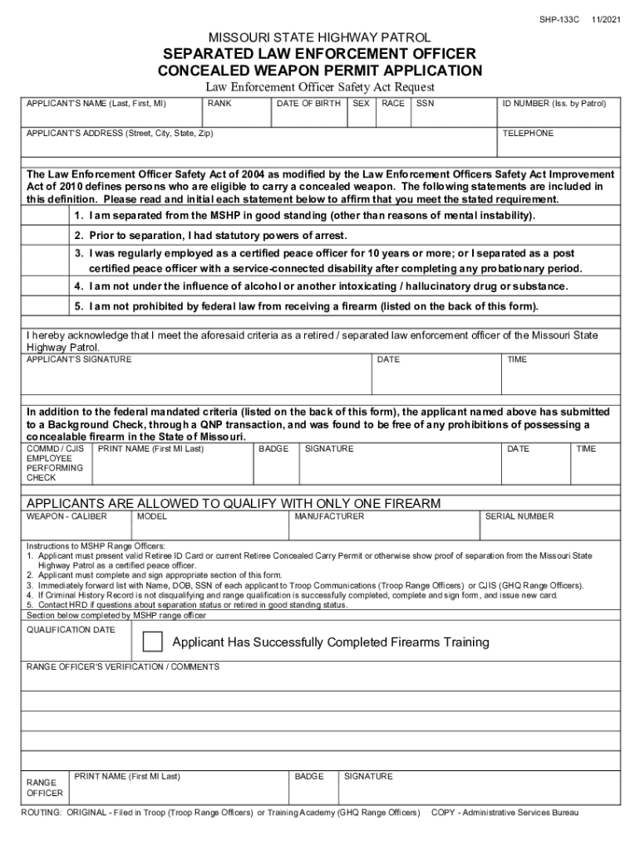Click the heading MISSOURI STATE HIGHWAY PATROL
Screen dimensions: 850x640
point(320,37)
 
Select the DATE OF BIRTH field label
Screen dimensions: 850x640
point(308,104)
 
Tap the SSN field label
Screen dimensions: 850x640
point(425,104)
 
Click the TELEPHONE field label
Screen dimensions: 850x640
point(528,133)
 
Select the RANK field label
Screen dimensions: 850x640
point(219,104)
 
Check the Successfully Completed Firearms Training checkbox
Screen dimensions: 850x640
point(153,642)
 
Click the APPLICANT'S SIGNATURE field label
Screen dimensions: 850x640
point(79,359)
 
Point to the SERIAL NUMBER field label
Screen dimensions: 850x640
point(519,516)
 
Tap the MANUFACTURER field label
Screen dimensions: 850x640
point(329,516)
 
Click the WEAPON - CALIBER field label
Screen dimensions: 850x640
point(67,516)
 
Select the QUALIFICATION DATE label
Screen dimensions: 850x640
point(71,630)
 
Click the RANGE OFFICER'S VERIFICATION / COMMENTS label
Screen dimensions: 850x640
point(123,667)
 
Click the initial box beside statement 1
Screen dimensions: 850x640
point(48,216)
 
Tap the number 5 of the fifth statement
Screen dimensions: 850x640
point(77,306)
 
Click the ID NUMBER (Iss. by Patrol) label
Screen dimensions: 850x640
point(554,104)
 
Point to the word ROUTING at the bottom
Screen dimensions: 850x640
point(41,812)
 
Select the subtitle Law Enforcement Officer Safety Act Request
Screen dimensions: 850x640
point(320,87)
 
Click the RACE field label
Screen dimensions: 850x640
point(393,104)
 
